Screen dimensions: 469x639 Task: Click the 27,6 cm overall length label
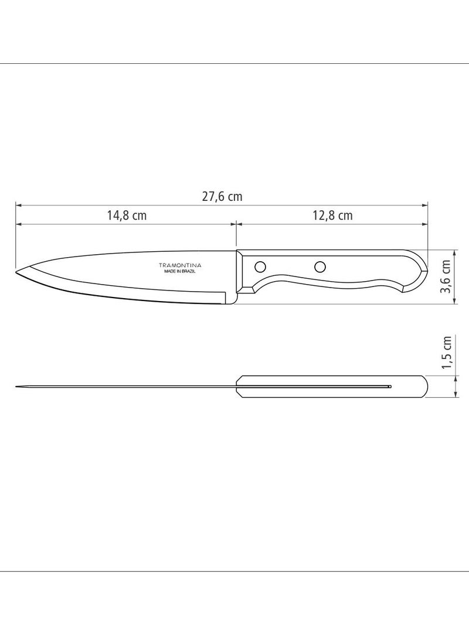pyautogui.click(x=222, y=197)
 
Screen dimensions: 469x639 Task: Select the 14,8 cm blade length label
pyautogui.click(x=127, y=215)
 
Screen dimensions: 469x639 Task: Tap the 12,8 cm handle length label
pyautogui.click(x=333, y=215)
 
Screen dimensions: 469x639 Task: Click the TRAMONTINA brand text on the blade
pyautogui.click(x=180, y=265)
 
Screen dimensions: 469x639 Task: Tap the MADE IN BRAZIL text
pyautogui.click(x=180, y=271)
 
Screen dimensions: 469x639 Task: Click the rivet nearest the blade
pyautogui.click(x=260, y=267)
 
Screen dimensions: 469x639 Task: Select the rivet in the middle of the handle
pyautogui.click(x=320, y=267)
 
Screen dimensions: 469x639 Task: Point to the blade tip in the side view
pyautogui.click(x=16, y=272)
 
